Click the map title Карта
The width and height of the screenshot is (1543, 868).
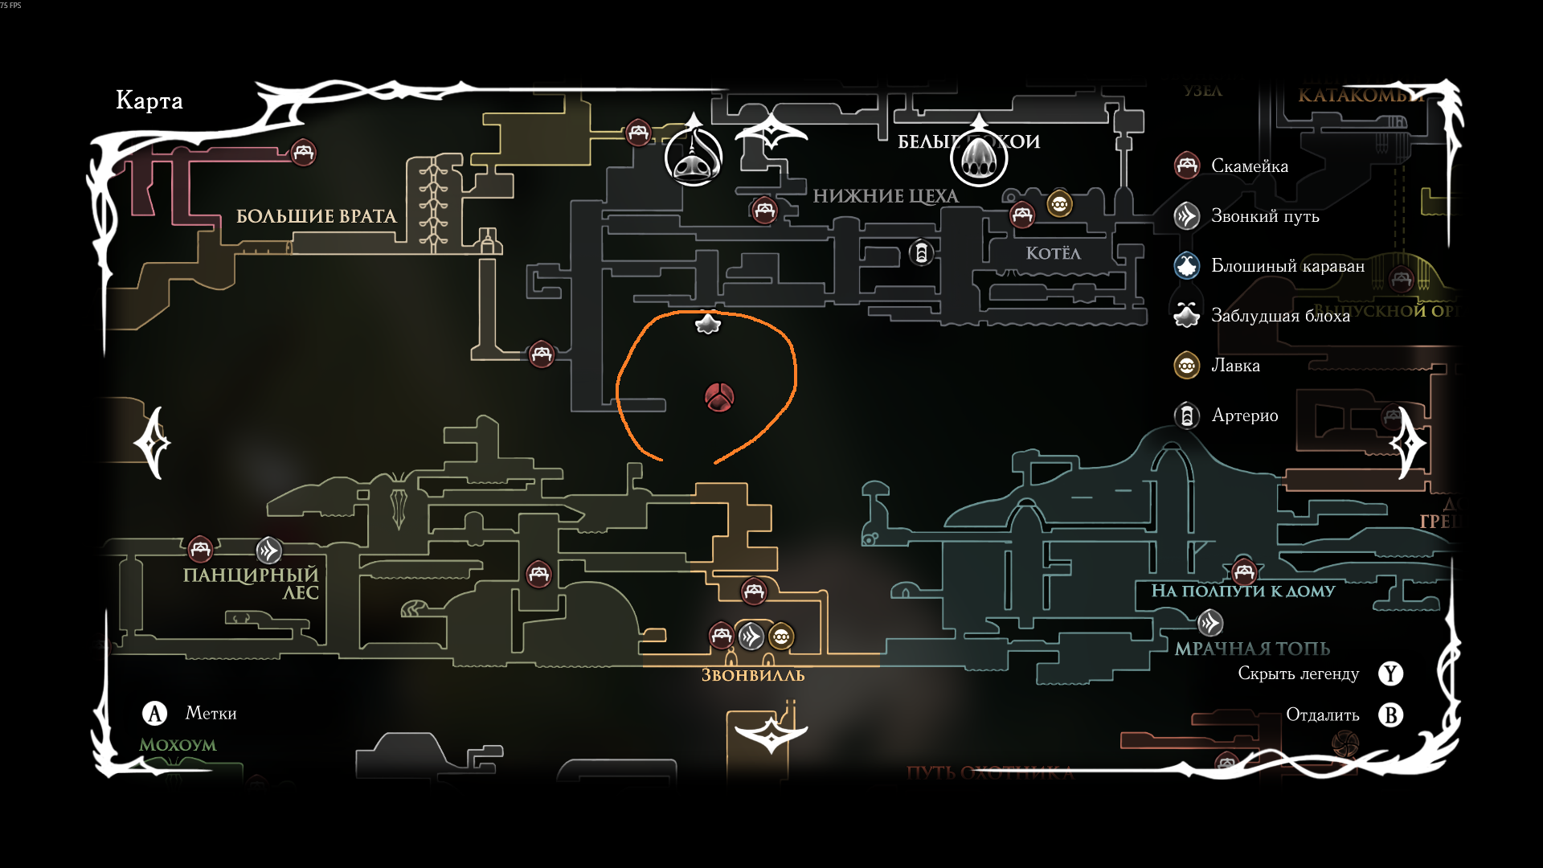pyautogui.click(x=149, y=100)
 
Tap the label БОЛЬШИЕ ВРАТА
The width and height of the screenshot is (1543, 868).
pyautogui.click(x=316, y=216)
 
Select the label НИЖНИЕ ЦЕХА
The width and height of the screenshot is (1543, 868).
pyautogui.click(x=885, y=196)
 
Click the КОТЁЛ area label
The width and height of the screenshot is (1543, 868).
pyautogui.click(x=1053, y=253)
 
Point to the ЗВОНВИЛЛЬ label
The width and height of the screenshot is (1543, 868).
pyautogui.click(x=753, y=675)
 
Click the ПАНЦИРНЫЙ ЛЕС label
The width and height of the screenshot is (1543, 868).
pyautogui.click(x=251, y=583)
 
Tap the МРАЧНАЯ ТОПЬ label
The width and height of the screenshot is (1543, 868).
pyautogui.click(x=1252, y=649)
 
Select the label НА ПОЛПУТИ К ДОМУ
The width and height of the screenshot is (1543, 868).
pyautogui.click(x=1242, y=592)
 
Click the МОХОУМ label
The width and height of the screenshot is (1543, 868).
pyautogui.click(x=178, y=745)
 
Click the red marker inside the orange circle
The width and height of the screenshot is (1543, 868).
pyautogui.click(x=718, y=397)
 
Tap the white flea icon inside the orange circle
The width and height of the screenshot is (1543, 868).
pyautogui.click(x=707, y=324)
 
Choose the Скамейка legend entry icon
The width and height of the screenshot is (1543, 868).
pyautogui.click(x=1187, y=166)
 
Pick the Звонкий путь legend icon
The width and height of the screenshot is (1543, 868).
pyautogui.click(x=1187, y=216)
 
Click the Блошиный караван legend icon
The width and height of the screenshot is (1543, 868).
pyautogui.click(x=1187, y=266)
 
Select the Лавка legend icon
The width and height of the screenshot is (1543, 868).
pyautogui.click(x=1187, y=366)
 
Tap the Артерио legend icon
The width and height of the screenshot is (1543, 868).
pyautogui.click(x=1187, y=416)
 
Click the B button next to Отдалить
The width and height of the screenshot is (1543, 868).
pyautogui.click(x=1390, y=715)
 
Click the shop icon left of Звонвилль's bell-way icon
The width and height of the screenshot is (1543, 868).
pyautogui.click(x=781, y=637)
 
